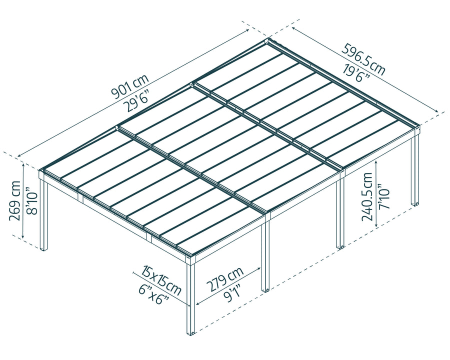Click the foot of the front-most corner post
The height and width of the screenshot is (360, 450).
click(x=190, y=333)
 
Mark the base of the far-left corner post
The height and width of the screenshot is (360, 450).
click(x=44, y=248)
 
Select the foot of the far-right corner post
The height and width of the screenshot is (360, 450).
click(x=414, y=203)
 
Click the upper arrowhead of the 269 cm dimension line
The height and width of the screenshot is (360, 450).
click(x=23, y=164)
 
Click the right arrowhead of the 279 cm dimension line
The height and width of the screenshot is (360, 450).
click(x=260, y=268)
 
